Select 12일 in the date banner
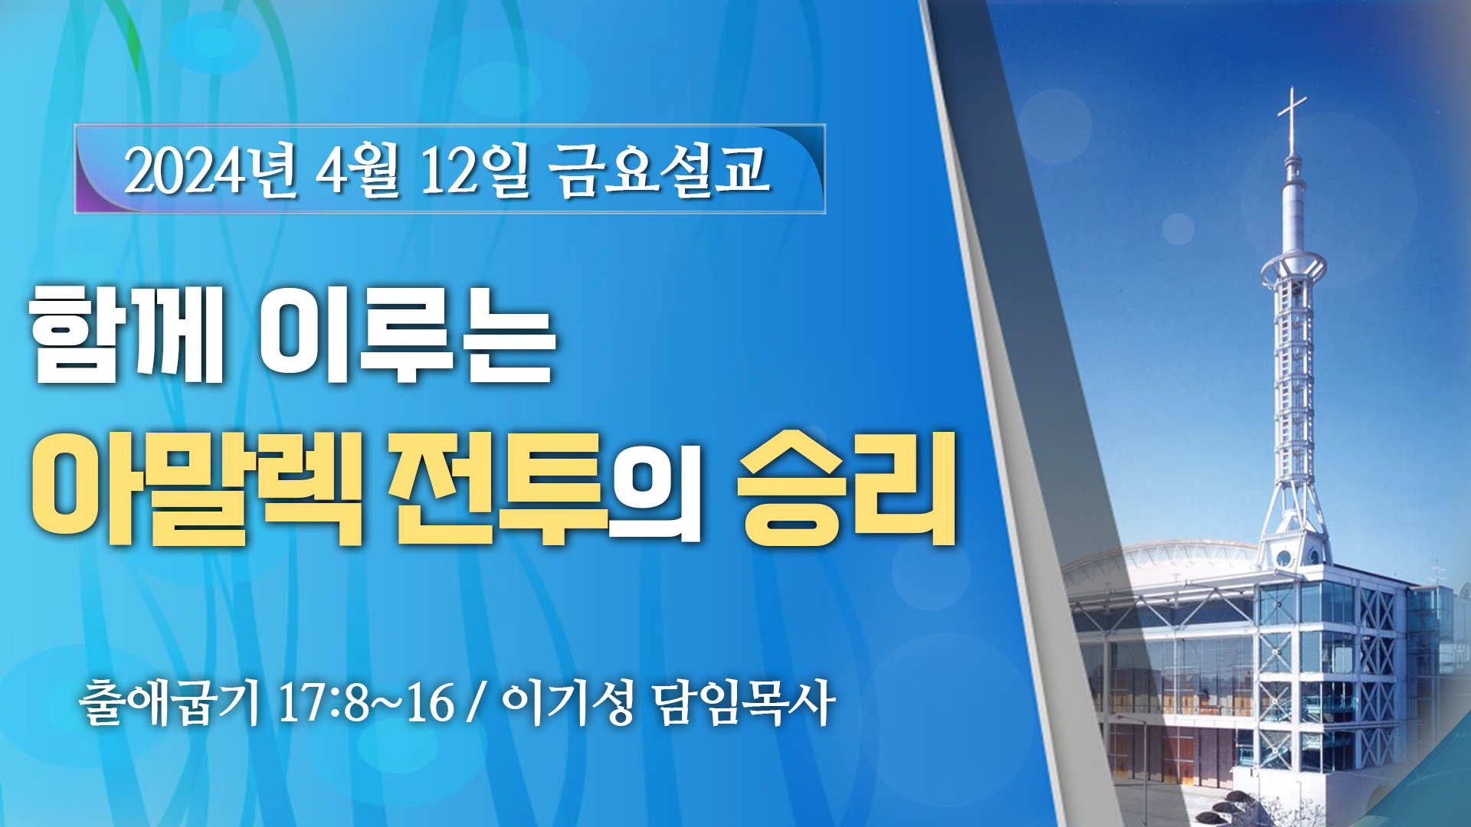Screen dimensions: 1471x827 475,171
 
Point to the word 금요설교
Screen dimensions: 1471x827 660,170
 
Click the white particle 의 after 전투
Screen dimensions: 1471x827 655,498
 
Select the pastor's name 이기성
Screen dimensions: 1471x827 568,701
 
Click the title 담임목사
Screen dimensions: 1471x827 744,701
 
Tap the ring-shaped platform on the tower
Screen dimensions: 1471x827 1293,266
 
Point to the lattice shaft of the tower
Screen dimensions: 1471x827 1293,383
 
